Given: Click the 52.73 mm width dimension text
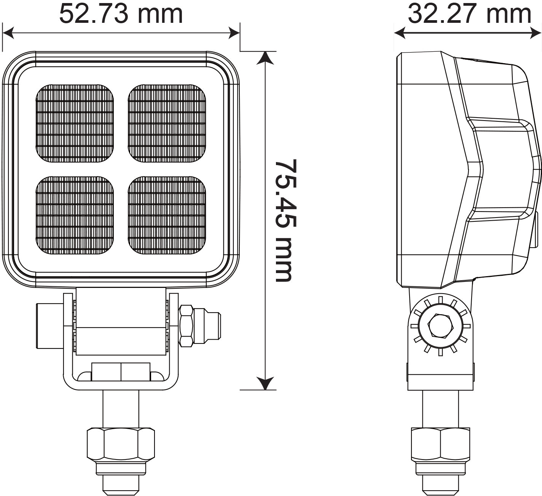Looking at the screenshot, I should click(x=121, y=14).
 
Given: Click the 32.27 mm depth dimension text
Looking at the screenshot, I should click(x=469, y=14).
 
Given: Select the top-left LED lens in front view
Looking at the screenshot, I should click(x=75, y=123).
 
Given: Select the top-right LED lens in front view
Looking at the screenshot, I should click(x=167, y=123).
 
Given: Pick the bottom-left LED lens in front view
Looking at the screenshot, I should click(x=75, y=215).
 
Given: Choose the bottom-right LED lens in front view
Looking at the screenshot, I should click(x=167, y=215).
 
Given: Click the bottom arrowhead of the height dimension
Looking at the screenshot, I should click(x=265, y=383).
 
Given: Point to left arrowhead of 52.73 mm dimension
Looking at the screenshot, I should click(x=8, y=33).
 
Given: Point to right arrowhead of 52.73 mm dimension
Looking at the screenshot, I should click(x=234, y=33).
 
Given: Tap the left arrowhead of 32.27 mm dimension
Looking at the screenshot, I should click(x=400, y=33).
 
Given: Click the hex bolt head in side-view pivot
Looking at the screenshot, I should click(x=440, y=326).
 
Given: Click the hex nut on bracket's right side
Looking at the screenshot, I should click(x=186, y=326).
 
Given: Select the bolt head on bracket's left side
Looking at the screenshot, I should click(x=49, y=326).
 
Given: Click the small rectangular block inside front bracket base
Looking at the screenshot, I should click(x=121, y=372).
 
